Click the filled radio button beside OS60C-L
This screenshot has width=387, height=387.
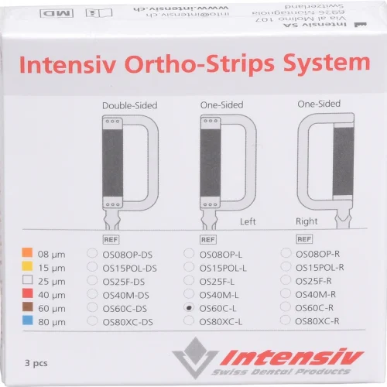189,307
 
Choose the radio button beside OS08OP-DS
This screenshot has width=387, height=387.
93,252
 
